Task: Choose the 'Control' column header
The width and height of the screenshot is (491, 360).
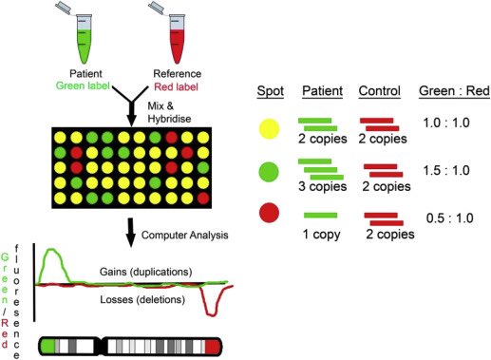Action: (x=378, y=91)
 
